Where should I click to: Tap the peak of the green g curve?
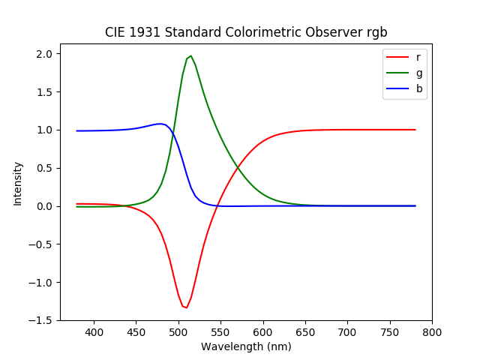[x=190, y=55]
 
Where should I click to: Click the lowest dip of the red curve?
[x=186, y=307]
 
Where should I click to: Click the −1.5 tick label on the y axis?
[x=43, y=320]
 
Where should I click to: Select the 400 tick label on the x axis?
[x=94, y=332]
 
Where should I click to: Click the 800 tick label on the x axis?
[x=432, y=332]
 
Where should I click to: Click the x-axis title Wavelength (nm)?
[x=246, y=346]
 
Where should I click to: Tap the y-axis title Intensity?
[x=18, y=184]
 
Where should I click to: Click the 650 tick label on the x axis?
[x=305, y=332]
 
